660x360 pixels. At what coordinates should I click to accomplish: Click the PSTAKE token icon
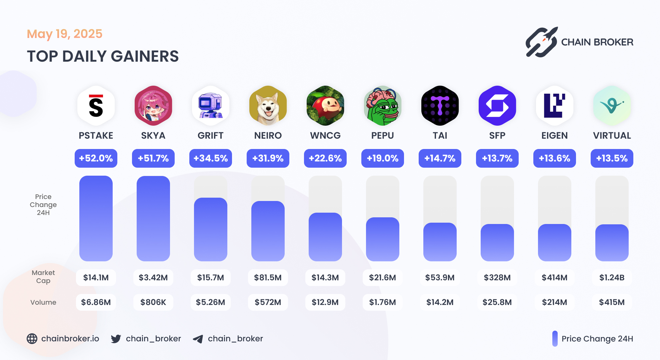tap(96, 106)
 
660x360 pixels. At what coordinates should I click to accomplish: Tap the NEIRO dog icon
tap(268, 106)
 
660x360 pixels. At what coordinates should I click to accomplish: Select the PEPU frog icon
tap(383, 106)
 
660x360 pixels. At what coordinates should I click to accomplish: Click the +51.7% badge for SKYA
tap(153, 158)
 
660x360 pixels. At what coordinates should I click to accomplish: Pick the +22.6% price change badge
tap(325, 158)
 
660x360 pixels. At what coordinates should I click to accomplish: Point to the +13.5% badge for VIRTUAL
tap(612, 158)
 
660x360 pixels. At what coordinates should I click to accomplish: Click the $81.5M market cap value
tap(268, 278)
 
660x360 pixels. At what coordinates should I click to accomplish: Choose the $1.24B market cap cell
tap(612, 278)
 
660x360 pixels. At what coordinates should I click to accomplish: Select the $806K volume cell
tap(153, 302)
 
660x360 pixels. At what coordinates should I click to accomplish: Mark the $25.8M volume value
tap(497, 302)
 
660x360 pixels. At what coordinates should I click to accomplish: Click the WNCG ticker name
tap(325, 136)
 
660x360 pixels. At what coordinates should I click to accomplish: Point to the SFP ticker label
tap(497, 136)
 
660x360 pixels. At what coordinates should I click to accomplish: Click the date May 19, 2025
tap(65, 34)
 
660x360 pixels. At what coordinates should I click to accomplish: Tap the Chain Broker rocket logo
tap(541, 42)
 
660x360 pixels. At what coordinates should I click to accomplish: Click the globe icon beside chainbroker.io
tap(32, 339)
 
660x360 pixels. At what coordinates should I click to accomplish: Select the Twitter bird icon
tap(116, 339)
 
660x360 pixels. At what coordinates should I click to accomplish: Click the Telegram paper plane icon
tap(198, 339)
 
